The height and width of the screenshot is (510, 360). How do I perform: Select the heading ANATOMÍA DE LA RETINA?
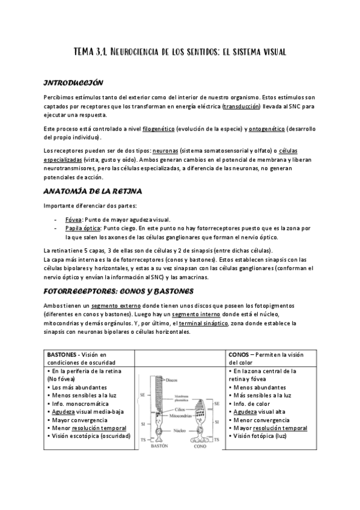(x=93, y=192)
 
